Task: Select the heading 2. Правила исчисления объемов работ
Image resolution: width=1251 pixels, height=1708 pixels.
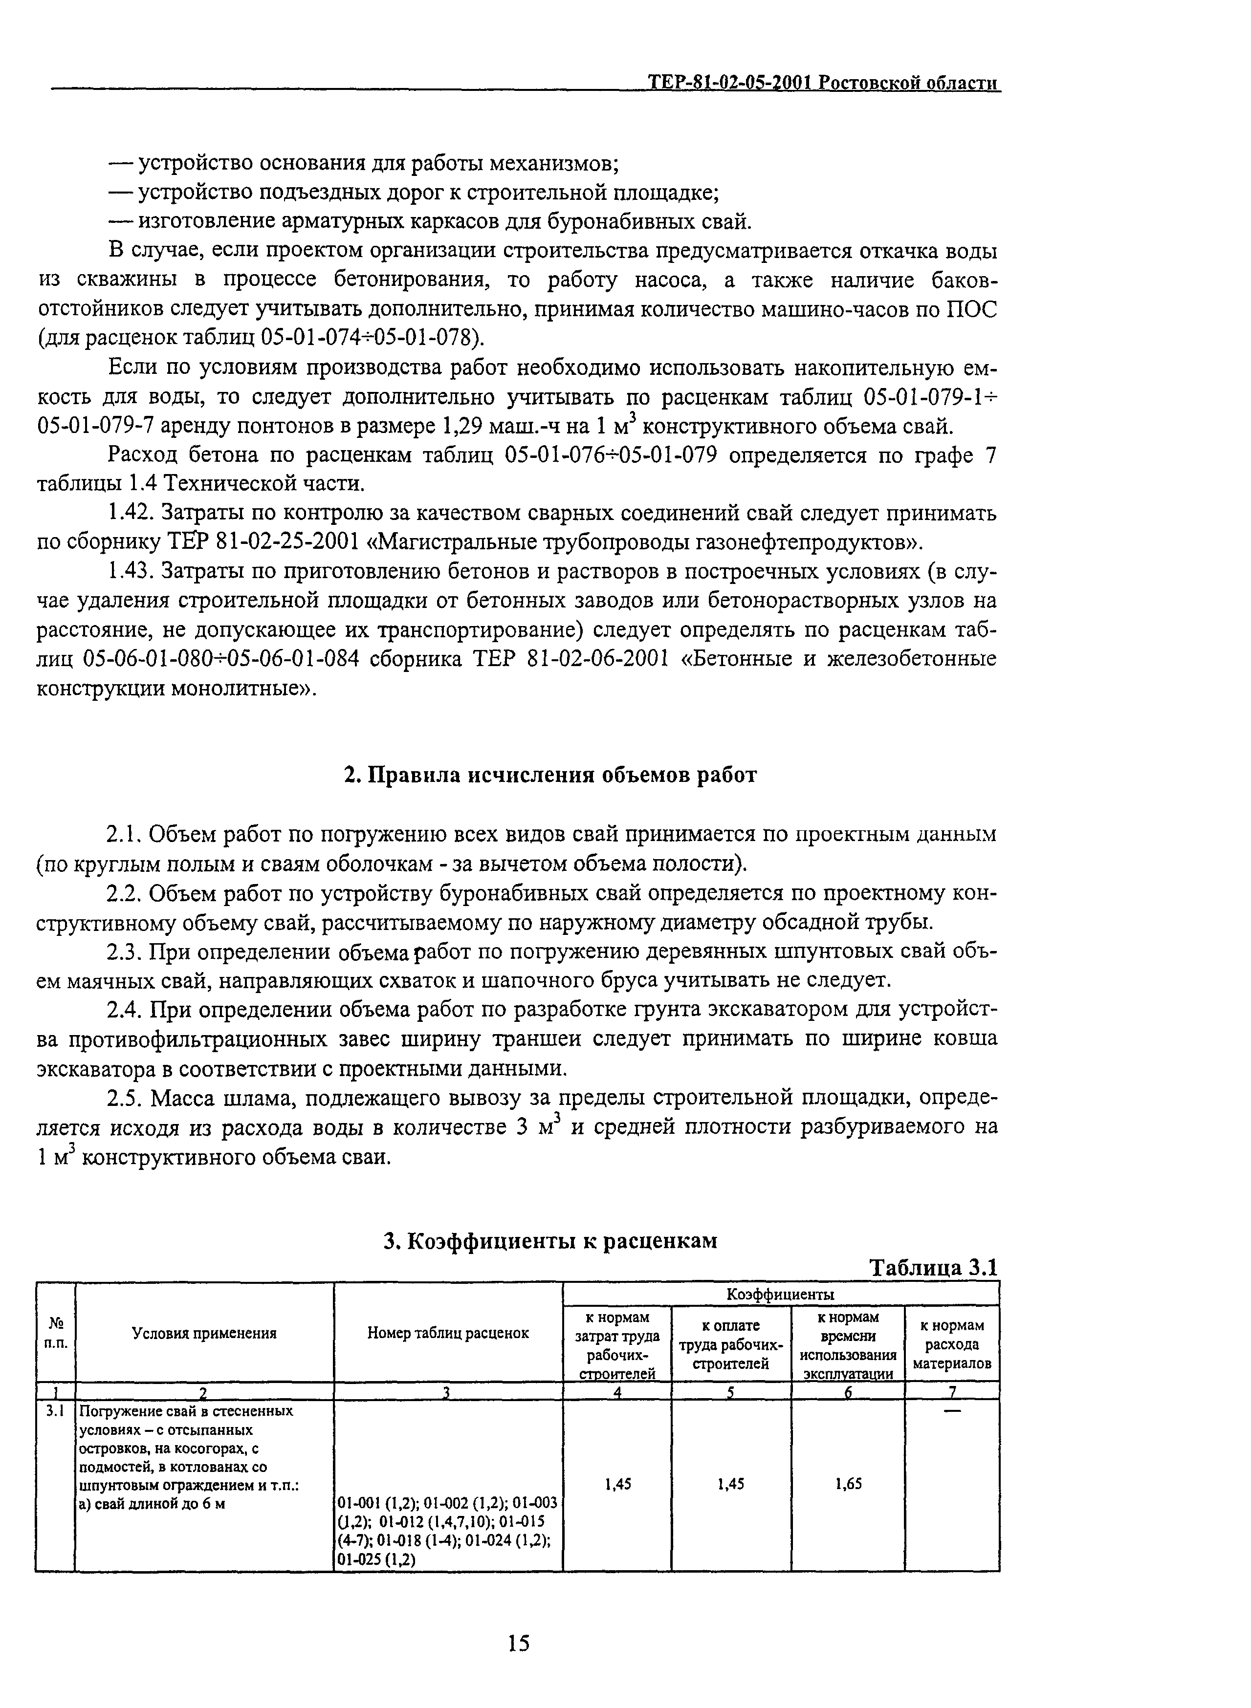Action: (x=550, y=776)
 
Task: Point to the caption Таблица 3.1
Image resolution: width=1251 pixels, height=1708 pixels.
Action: (x=934, y=1267)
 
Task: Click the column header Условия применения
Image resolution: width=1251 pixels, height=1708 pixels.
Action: (x=204, y=1333)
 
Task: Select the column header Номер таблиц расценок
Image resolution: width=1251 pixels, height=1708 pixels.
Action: (x=448, y=1333)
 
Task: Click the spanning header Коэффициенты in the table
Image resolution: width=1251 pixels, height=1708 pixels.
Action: (x=780, y=1294)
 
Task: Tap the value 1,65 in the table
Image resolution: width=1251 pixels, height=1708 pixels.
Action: (x=848, y=1484)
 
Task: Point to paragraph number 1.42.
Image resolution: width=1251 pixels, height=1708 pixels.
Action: (x=130, y=513)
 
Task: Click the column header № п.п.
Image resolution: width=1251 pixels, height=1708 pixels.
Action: (x=55, y=1333)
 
